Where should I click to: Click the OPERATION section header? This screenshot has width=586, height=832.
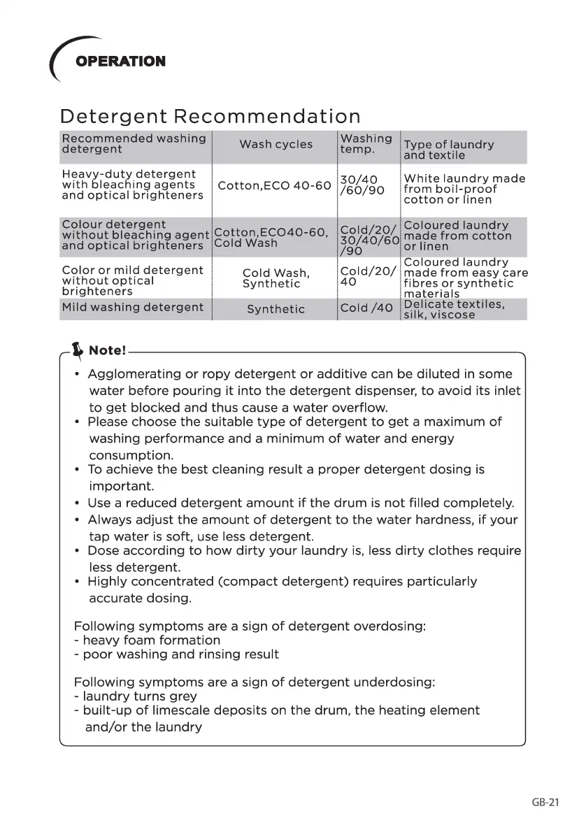coord(120,62)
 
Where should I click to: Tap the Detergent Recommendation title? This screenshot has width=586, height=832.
coord(210,116)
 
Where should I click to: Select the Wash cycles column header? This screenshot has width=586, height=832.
coord(276,145)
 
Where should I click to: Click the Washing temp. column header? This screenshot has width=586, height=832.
coord(366,144)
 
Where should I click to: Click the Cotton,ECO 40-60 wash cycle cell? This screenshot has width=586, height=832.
coord(274,186)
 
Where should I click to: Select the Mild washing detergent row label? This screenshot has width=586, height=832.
coord(133,307)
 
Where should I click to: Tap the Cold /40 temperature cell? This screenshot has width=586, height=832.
coord(366,308)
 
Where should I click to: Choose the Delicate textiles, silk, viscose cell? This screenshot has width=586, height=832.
coord(454,310)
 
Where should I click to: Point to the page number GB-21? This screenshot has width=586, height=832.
coord(545,803)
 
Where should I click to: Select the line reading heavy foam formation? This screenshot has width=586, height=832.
coord(151,640)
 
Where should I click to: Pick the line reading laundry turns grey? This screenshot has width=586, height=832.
coord(139,696)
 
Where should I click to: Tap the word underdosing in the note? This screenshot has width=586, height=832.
coord(396,682)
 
